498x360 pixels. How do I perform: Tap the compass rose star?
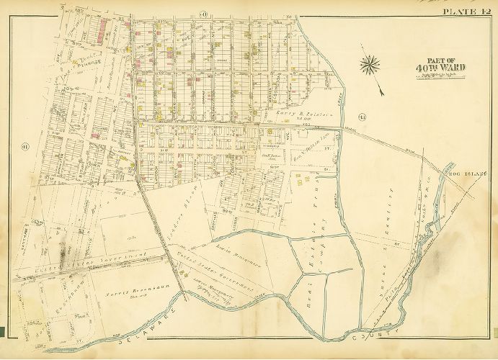pyautogui.click(x=370, y=65)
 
